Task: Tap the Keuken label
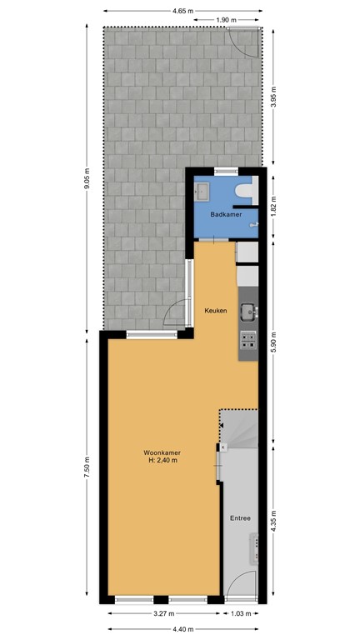(216, 311)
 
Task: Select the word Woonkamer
(162, 452)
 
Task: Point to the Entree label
(241, 518)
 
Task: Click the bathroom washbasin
(202, 192)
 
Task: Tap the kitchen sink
(247, 312)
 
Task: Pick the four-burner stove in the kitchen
(248, 339)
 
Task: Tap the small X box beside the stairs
(222, 447)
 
